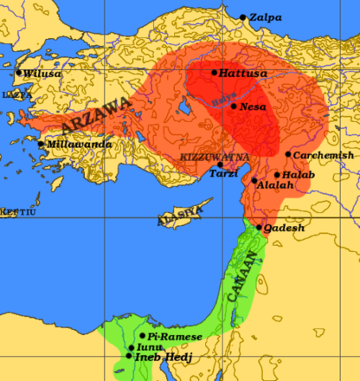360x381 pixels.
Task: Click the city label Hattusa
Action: click(x=240, y=72)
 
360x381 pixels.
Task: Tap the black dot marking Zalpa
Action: click(x=243, y=17)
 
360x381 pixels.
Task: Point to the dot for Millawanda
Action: click(x=41, y=144)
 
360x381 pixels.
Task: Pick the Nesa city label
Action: click(x=253, y=106)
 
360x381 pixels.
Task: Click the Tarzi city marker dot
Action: click(x=220, y=165)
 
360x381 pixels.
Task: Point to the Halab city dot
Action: click(x=277, y=175)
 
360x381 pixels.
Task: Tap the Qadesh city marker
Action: click(x=259, y=227)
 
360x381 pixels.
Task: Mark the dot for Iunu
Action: click(x=131, y=348)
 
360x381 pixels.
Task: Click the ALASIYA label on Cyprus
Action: click(x=176, y=214)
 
